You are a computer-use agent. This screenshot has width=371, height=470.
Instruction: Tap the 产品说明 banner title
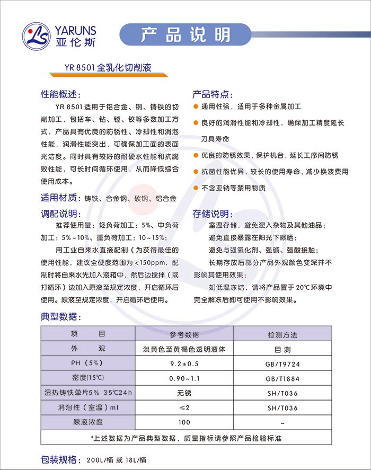[x=185, y=35]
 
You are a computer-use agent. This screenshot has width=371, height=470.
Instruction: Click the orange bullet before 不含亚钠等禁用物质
[x=196, y=188]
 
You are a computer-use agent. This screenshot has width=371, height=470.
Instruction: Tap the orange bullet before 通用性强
[x=196, y=107]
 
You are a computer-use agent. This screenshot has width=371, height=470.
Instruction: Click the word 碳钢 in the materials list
[x=142, y=199]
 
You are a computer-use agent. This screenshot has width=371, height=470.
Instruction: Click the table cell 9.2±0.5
[x=184, y=364]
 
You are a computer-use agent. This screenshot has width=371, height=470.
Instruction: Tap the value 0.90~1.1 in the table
[x=184, y=379]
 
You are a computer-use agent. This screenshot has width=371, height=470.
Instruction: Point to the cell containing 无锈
[x=184, y=393]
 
